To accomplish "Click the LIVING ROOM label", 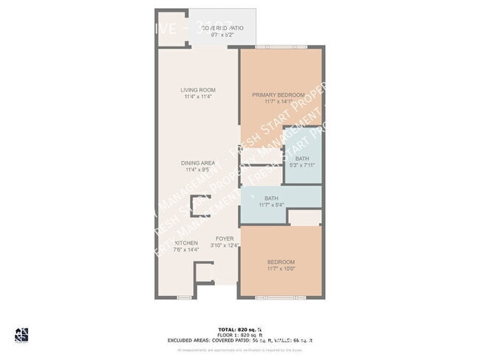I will click(197, 90).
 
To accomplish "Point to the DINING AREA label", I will click(197, 163).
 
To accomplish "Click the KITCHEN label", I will click(185, 243).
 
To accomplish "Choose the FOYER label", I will click(224, 239).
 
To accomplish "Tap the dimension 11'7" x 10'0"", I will click(281, 269).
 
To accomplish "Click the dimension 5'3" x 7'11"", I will click(302, 166).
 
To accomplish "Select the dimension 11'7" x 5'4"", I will click(271, 205).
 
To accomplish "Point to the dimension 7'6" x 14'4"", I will click(185, 250).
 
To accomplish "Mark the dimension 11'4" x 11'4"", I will click(197, 97).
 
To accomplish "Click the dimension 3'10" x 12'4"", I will click(224, 246).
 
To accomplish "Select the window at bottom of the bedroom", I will click(281, 297).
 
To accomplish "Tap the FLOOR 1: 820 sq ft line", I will click(239, 334).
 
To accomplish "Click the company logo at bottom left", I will click(22, 335).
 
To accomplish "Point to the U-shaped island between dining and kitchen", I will click(200, 204).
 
